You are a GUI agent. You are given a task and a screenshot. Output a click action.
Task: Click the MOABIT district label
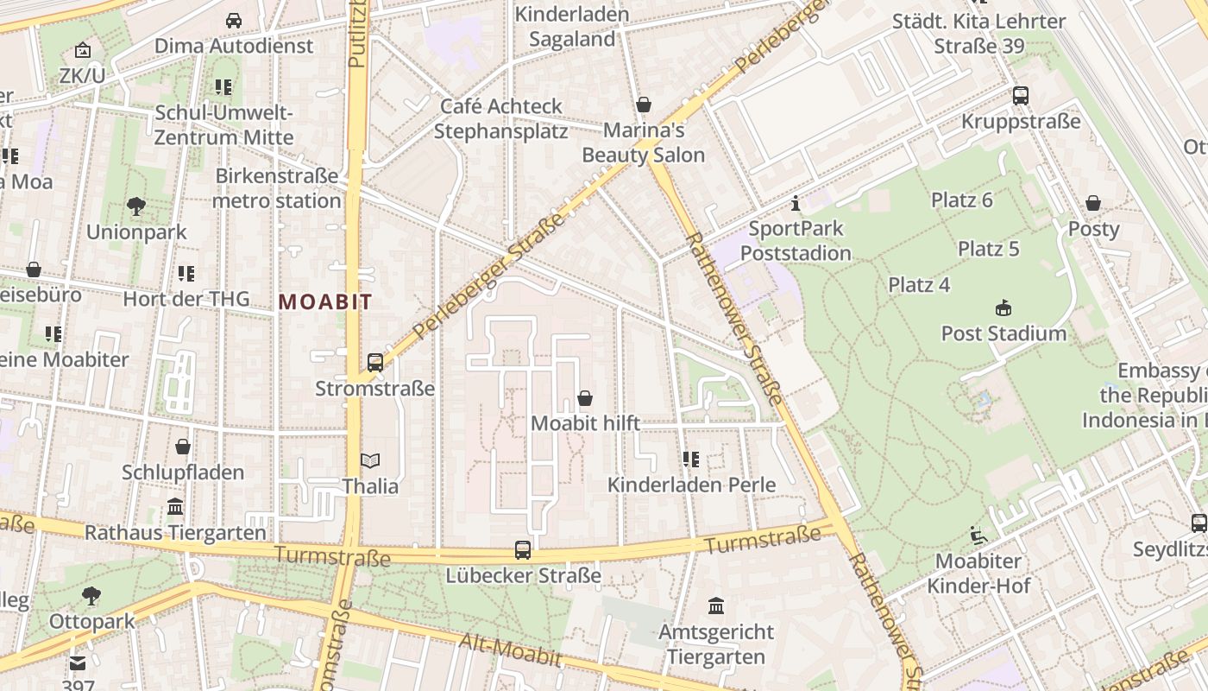click(x=325, y=301)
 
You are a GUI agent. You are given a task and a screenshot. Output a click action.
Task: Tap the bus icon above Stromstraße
click(x=374, y=363)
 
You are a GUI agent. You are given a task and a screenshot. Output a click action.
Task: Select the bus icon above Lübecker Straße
click(x=523, y=549)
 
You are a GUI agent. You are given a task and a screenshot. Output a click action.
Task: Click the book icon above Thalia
click(x=370, y=461)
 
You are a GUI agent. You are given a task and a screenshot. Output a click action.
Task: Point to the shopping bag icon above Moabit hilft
click(x=585, y=398)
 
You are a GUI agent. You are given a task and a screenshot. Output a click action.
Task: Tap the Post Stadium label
click(x=1004, y=333)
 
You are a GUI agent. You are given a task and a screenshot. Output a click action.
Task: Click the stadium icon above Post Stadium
click(x=1004, y=307)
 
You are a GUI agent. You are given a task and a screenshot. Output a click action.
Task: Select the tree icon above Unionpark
click(x=135, y=206)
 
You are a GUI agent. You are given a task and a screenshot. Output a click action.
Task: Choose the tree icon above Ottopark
click(x=91, y=595)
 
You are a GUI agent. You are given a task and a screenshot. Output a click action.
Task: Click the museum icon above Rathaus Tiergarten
click(x=175, y=506)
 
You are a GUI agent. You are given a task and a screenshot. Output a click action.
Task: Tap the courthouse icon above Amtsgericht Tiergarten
click(x=715, y=605)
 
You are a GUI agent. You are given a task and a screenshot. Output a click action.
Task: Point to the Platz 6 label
click(x=962, y=200)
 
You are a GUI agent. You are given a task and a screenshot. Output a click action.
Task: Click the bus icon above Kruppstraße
click(x=1021, y=95)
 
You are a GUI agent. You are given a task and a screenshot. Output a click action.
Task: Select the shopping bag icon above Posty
click(x=1093, y=203)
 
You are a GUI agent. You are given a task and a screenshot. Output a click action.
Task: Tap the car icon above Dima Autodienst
click(x=234, y=20)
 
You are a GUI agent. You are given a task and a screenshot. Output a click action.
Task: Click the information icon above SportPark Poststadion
click(x=796, y=204)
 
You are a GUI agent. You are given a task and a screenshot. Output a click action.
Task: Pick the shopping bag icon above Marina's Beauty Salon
click(x=643, y=105)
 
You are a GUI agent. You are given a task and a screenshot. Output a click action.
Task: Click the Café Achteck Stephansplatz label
click(x=500, y=118)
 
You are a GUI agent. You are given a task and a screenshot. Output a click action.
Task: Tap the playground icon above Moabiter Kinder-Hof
click(x=978, y=536)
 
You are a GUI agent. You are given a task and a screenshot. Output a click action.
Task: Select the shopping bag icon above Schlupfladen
click(x=183, y=447)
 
